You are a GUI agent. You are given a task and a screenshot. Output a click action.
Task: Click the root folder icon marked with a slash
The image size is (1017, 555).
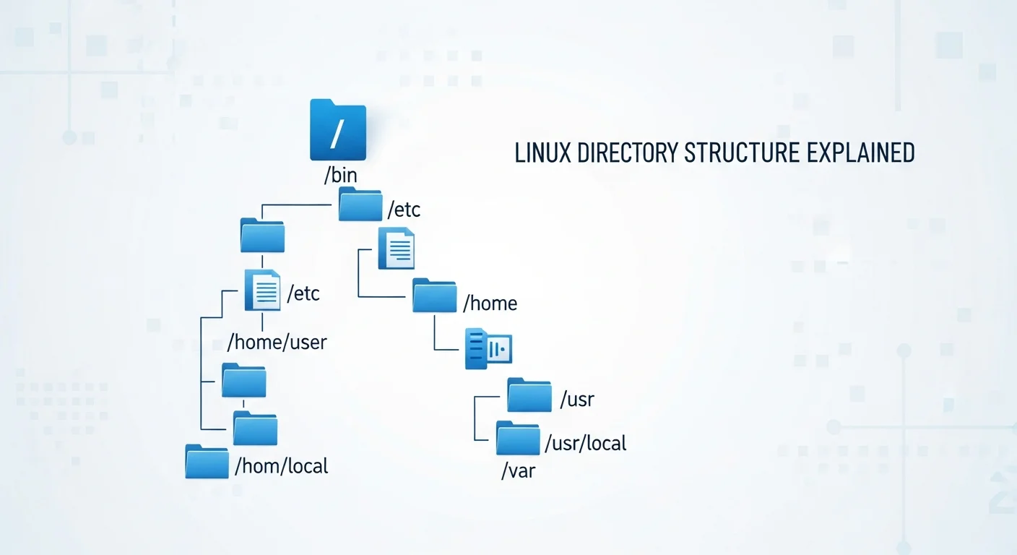337,130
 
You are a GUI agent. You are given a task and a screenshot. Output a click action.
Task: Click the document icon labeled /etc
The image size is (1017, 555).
262,290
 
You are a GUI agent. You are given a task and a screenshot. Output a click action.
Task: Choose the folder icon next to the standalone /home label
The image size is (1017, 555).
434,296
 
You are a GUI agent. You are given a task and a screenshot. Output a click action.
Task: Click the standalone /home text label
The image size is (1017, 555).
490,303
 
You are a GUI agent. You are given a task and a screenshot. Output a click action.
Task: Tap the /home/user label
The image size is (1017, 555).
277,341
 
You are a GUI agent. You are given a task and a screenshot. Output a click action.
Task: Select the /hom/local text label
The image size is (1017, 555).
282,466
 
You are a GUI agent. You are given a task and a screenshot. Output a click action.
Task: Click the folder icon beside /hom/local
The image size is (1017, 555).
207,461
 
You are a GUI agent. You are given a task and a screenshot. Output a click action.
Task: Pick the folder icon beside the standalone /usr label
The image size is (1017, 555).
529,395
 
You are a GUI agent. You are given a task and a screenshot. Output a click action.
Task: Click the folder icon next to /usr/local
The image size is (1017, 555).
518,438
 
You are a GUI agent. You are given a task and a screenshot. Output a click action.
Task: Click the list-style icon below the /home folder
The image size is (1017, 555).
488,349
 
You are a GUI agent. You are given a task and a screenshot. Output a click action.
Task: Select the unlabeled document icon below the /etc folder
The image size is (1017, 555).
397,249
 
